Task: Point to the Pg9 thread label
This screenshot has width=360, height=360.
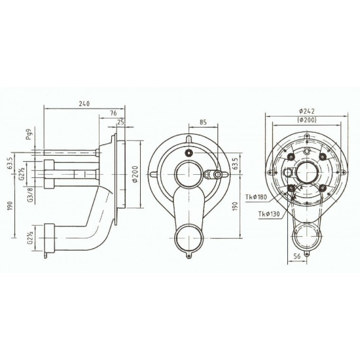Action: pos(29,137)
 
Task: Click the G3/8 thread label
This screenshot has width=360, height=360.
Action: pos(29,194)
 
